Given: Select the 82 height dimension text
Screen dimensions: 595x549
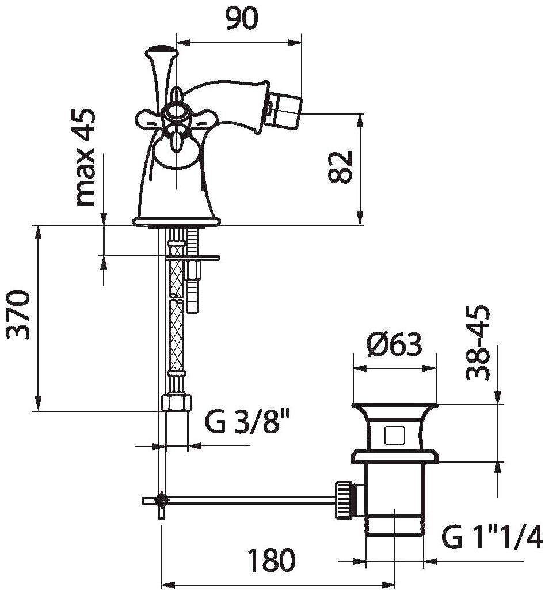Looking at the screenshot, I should (341, 167).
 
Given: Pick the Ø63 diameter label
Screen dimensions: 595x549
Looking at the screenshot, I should (394, 345).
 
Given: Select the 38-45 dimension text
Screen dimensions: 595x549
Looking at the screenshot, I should (478, 342).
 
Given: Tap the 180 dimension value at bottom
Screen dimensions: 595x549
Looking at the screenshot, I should (271, 559).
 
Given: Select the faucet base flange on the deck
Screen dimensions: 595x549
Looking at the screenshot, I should (177, 221).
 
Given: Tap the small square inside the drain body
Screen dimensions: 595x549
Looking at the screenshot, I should (394, 435).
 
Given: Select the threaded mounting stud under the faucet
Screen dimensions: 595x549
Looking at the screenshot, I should (192, 271).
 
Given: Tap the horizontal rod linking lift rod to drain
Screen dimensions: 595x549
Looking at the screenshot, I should (247, 499).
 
